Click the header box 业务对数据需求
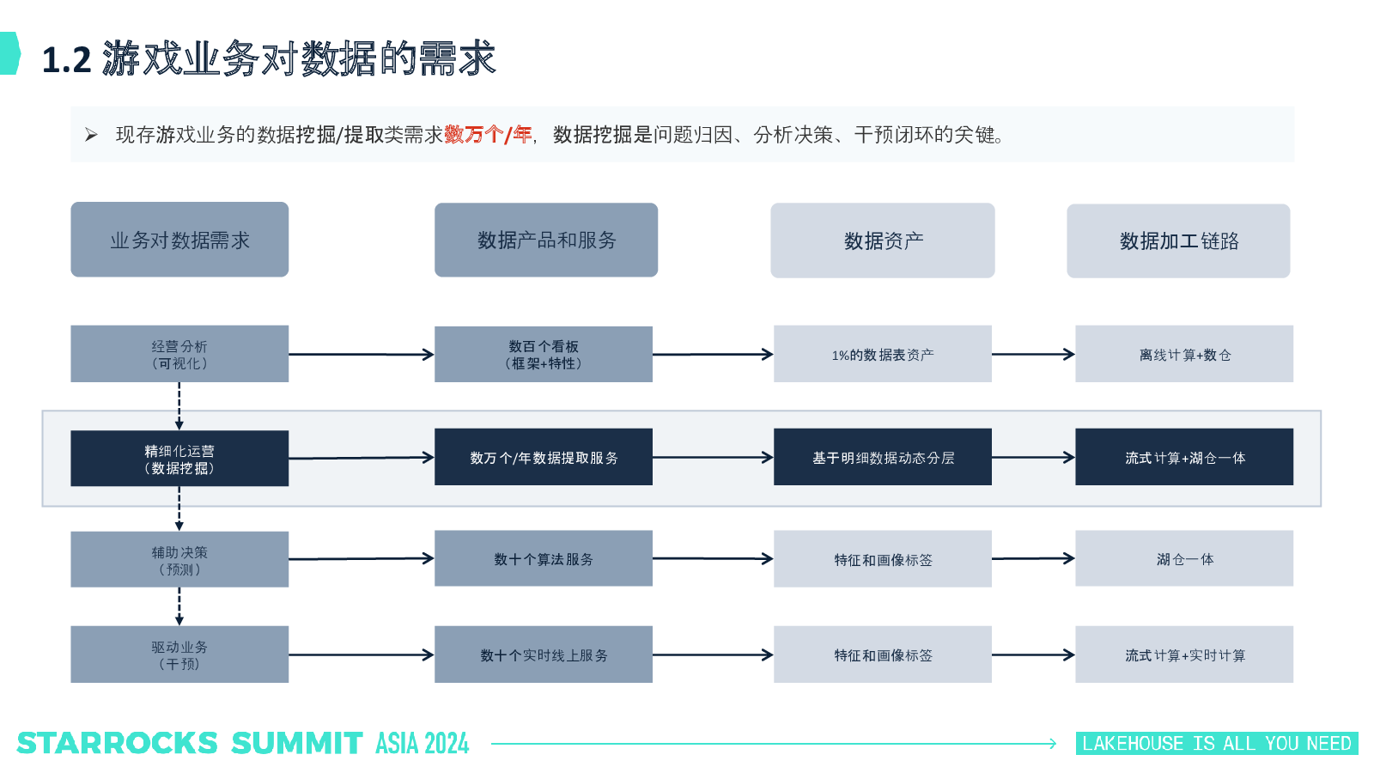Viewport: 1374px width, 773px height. [x=179, y=240]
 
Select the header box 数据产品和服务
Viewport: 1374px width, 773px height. [x=546, y=240]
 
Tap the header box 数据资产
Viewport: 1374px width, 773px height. [x=883, y=240]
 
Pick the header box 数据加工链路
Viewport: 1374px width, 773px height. [x=1178, y=241]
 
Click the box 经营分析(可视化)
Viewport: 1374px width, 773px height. [x=179, y=354]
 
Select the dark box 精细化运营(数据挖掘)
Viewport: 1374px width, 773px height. [x=179, y=459]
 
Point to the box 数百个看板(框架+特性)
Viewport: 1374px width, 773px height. [x=544, y=354]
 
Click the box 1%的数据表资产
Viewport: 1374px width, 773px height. [x=883, y=354]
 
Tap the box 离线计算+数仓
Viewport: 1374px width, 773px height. [x=1184, y=354]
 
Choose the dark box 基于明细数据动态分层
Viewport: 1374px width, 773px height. [x=883, y=457]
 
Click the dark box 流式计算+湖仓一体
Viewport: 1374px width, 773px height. [x=1184, y=457]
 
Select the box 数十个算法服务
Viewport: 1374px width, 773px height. [x=544, y=558]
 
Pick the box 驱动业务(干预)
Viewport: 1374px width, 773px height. [x=179, y=654]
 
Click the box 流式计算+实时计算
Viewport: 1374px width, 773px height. [x=1184, y=654]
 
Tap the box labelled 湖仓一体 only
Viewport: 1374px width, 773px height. [x=1184, y=558]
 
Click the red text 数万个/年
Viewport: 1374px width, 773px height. [x=489, y=134]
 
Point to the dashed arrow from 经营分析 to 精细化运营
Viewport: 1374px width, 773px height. [x=179, y=406]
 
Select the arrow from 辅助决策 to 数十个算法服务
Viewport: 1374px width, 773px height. [x=362, y=558]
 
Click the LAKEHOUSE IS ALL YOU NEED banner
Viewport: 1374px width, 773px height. [x=1217, y=744]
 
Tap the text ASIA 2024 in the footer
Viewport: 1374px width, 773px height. [x=422, y=744]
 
